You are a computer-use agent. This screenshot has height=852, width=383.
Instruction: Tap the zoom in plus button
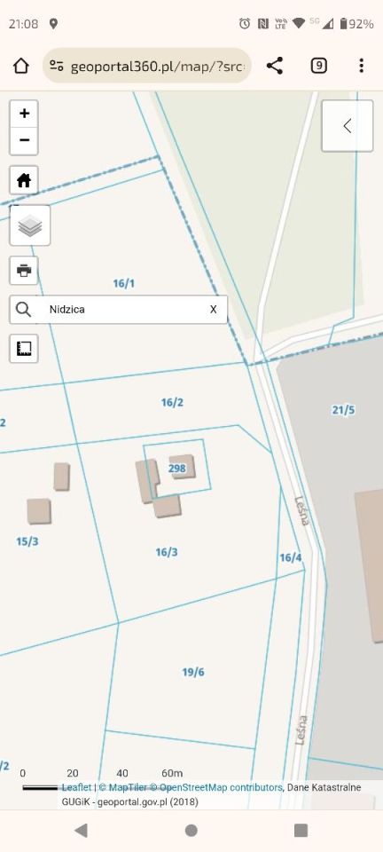(x=24, y=114)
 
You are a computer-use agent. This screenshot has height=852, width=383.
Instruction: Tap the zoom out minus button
(x=24, y=140)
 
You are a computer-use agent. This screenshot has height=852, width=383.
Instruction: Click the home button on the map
(x=24, y=180)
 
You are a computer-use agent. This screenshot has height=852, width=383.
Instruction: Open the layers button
(x=30, y=225)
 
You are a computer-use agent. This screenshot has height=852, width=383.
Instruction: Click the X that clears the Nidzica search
(x=213, y=310)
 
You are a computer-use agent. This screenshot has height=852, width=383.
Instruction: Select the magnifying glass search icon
(x=24, y=310)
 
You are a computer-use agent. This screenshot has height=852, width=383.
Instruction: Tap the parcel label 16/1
(x=124, y=284)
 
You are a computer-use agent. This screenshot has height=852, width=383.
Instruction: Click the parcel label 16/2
(x=172, y=403)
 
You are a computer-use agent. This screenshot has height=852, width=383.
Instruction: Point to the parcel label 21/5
(x=343, y=410)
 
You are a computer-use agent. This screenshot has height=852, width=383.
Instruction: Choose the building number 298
(x=176, y=468)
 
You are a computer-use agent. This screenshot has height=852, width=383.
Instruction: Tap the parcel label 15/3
(x=27, y=541)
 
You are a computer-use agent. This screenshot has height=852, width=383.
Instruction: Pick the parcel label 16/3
(x=167, y=552)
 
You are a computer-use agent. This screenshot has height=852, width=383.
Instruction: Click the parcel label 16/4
(x=291, y=557)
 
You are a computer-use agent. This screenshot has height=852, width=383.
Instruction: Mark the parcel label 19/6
(x=193, y=672)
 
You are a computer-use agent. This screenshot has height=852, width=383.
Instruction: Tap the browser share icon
(x=275, y=66)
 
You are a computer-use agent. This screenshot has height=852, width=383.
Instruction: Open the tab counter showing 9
(x=318, y=66)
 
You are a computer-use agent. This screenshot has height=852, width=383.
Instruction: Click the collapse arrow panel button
(x=347, y=126)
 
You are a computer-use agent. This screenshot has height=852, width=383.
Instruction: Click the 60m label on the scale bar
(x=172, y=774)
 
